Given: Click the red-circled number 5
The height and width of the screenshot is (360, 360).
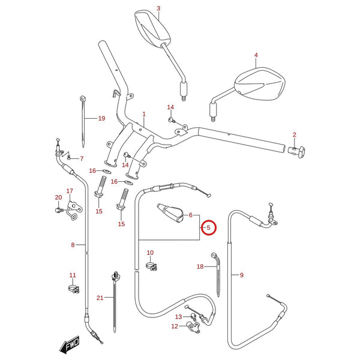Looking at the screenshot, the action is pos(208,227).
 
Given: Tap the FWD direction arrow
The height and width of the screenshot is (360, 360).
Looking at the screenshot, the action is pos(70,344).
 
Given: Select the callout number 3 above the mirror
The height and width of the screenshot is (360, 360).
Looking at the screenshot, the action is pos(158,8).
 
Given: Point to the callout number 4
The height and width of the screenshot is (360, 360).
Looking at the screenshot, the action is pos(256,55).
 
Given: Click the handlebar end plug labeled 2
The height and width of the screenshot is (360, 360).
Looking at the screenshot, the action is pos(296,152).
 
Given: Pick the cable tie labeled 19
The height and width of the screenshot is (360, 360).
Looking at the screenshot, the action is pos(83,122).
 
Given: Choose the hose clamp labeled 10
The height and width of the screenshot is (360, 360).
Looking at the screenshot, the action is pos(152,266).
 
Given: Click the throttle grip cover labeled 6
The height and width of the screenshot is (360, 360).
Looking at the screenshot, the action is pos(170,213).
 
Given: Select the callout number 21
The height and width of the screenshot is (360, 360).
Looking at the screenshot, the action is pos(100,298).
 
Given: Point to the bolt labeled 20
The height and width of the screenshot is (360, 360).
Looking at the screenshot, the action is pos(58,210).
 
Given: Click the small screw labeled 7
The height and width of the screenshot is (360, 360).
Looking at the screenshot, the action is pos(68,157).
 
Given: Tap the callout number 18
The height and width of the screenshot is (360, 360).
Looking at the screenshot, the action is pos(200,266).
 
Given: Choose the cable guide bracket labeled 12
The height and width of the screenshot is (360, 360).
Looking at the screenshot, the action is pos(193,327).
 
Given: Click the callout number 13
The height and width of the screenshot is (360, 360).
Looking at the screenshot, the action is pos(178,317).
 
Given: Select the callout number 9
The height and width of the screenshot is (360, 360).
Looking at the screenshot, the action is pos(242,275).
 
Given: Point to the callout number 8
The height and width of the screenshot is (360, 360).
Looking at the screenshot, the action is pos(73,245).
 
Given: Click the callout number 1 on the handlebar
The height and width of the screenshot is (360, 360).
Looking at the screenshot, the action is pos(144,114).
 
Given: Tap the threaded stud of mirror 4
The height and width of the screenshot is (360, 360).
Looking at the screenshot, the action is pos(214,119).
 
